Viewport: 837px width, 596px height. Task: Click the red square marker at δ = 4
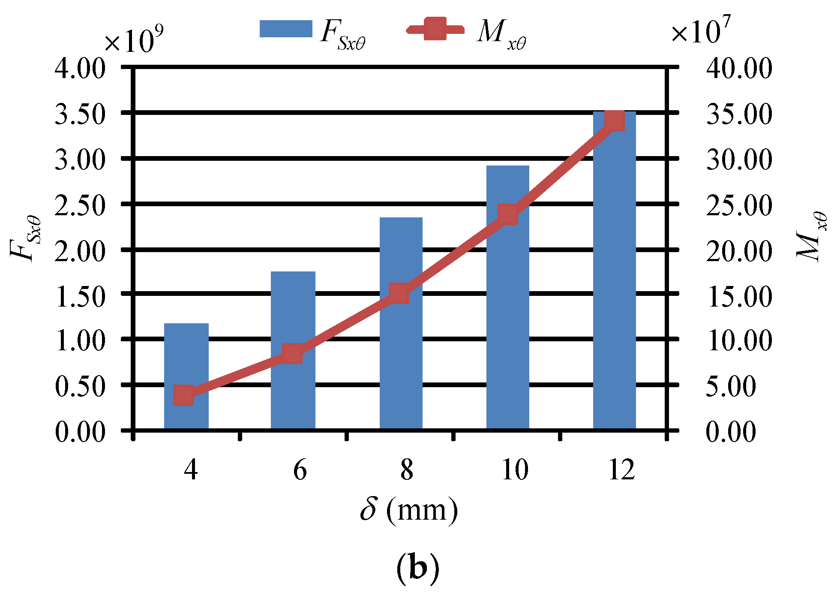click(183, 395)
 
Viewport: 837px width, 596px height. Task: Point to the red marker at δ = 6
click(292, 354)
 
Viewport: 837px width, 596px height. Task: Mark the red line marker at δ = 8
click(399, 294)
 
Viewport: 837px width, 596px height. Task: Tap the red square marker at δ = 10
click(508, 214)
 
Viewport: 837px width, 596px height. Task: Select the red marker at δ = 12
click(614, 121)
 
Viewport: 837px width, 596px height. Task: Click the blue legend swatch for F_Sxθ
click(286, 29)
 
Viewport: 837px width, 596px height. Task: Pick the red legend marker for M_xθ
click(435, 29)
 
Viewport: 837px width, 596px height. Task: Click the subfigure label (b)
click(418, 568)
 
